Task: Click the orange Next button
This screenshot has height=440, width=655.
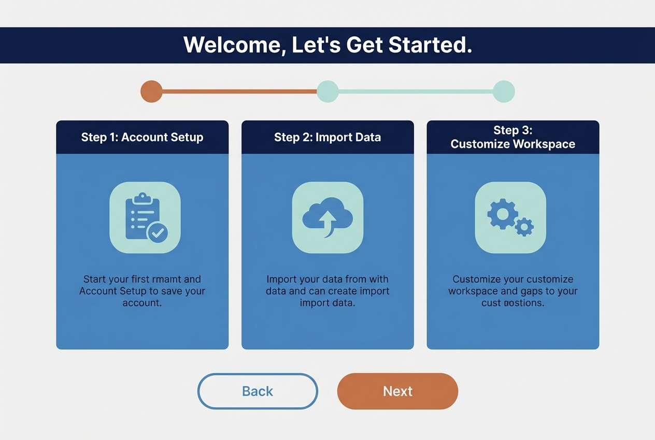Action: tap(397, 391)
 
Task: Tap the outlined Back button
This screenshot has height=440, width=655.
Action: tap(258, 391)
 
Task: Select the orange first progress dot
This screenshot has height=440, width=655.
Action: tap(151, 91)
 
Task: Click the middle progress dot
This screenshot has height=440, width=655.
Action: tap(327, 91)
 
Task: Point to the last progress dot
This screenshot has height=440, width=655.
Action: tap(504, 91)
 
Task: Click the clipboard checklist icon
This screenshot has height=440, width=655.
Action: tap(145, 217)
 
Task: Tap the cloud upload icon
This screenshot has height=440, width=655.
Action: tap(327, 217)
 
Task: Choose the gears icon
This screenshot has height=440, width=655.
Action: tap(510, 217)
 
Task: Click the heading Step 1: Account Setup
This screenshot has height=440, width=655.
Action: tap(142, 137)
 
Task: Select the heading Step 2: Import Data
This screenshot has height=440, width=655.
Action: tap(327, 137)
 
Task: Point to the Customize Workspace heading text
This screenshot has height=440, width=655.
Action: tap(512, 144)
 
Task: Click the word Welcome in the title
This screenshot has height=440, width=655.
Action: tap(232, 45)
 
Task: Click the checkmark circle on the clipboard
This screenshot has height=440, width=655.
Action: tap(158, 233)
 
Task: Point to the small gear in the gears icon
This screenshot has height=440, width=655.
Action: tap(524, 227)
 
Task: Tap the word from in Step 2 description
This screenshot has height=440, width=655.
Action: tap(356, 280)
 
